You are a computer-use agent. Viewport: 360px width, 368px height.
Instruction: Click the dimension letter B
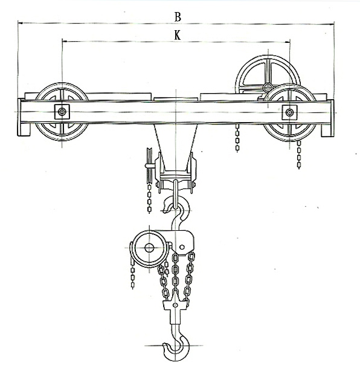click(178, 17)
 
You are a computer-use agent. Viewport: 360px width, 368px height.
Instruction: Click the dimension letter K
click(178, 36)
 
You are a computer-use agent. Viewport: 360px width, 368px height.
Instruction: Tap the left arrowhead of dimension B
click(21, 23)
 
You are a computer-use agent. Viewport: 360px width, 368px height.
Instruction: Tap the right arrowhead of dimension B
click(332, 24)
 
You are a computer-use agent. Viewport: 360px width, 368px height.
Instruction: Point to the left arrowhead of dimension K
click(65, 41)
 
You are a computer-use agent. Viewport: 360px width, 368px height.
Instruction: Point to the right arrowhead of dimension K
click(288, 42)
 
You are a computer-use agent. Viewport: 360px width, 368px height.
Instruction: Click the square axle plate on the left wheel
click(62, 112)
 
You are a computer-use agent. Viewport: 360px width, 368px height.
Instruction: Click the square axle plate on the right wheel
click(290, 112)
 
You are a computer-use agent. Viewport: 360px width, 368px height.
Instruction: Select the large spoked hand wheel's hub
click(268, 88)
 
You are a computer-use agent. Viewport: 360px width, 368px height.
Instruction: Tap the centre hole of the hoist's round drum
click(149, 248)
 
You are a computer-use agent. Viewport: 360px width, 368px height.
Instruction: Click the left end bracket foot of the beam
click(24, 129)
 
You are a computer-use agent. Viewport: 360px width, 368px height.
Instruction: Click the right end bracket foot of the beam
click(327, 131)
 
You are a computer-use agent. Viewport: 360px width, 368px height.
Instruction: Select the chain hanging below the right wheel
click(299, 155)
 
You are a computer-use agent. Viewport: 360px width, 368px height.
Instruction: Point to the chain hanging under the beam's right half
click(237, 138)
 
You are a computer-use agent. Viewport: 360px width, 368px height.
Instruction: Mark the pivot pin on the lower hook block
click(175, 305)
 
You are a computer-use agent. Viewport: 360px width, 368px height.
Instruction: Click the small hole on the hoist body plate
click(182, 247)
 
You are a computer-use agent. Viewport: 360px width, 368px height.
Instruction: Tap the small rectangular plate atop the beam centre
click(176, 99)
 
